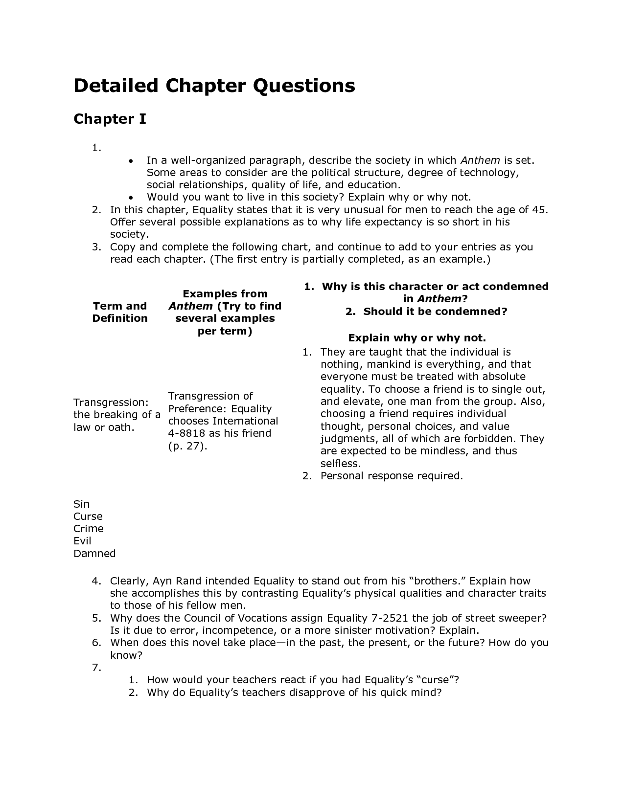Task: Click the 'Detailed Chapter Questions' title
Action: [x=214, y=86]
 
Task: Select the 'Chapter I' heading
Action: [x=110, y=119]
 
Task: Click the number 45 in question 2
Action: [x=539, y=210]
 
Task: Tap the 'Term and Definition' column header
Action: [x=120, y=312]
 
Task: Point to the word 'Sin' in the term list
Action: [x=82, y=504]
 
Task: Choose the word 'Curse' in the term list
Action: [x=88, y=516]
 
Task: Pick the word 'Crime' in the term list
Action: [x=89, y=529]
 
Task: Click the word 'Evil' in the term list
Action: [x=82, y=541]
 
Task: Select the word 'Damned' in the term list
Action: [x=94, y=554]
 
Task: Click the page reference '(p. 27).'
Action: [x=188, y=446]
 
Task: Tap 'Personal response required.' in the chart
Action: [x=392, y=476]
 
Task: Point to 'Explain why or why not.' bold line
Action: [x=416, y=338]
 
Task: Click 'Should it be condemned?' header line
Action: [x=435, y=312]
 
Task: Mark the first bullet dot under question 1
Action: [x=130, y=161]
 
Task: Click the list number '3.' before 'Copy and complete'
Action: [x=96, y=247]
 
